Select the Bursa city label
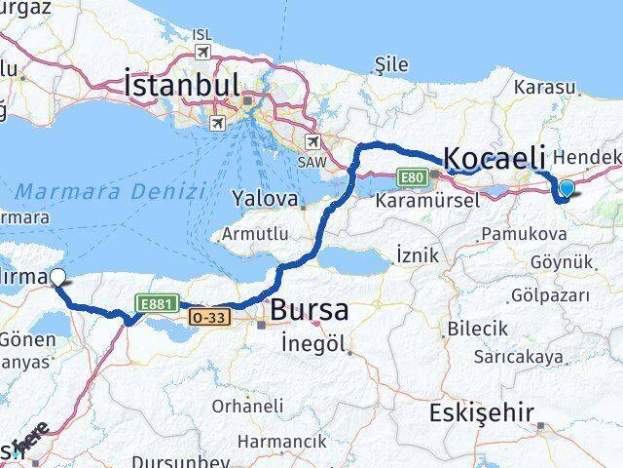click(310, 311)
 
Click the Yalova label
click(264, 199)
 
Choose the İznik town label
click(418, 255)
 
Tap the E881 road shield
click(156, 304)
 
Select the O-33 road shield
click(209, 318)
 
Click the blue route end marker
click(566, 187)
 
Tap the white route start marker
click(57, 277)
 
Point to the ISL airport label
click(202, 35)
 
